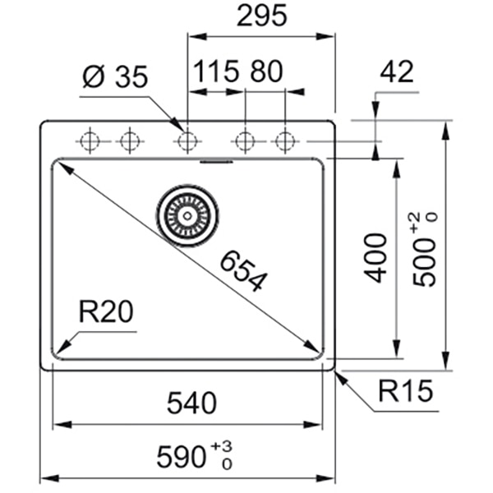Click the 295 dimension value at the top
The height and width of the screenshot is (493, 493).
click(261, 16)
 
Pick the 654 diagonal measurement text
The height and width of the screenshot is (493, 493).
click(243, 270)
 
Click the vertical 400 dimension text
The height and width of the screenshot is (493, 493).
click(376, 256)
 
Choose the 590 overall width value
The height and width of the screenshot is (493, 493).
click(182, 454)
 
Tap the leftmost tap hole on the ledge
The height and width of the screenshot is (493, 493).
click(89, 141)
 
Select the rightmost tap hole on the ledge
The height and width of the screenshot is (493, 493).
click(284, 141)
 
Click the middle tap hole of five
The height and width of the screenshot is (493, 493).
click(187, 141)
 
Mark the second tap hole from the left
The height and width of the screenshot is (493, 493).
click(127, 141)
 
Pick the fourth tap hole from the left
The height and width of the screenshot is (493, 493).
click(244, 141)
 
